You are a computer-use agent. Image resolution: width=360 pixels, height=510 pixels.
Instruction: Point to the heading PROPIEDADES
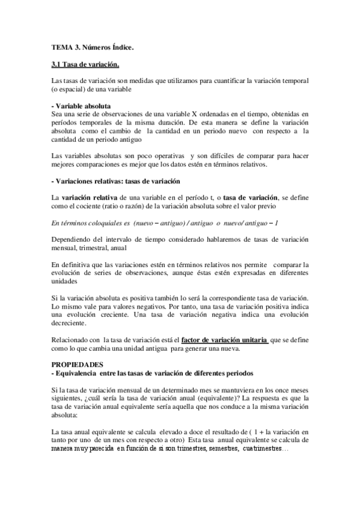click(x=78, y=365)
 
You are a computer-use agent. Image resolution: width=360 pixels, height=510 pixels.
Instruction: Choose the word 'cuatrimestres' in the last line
click(x=264, y=449)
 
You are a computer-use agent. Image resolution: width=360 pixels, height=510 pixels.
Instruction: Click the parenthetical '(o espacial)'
click(x=70, y=88)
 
